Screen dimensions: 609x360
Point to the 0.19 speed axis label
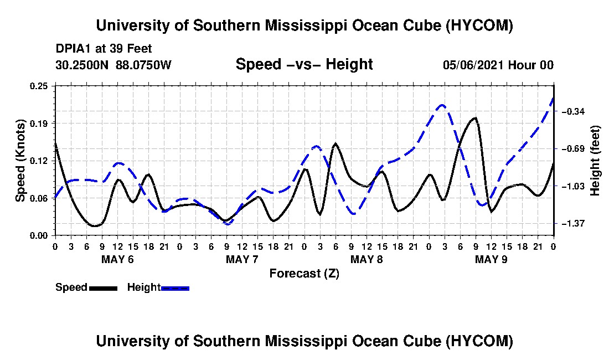click(39, 124)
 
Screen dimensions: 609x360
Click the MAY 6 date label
click(117, 259)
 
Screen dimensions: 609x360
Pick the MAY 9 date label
click(491, 259)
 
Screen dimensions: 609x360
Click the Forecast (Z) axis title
click(304, 274)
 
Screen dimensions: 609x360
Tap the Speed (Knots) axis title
click(20, 161)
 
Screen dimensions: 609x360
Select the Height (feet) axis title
click(595, 161)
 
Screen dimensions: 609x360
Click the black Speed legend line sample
click(103, 288)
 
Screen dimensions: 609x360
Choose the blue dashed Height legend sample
click(175, 288)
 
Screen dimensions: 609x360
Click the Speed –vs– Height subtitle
click(304, 64)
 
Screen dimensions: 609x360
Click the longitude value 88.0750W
click(143, 65)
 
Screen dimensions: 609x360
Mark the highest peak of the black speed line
click(474, 117)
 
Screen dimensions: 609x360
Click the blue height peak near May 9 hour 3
click(442, 105)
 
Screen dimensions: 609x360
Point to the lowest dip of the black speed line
click(94, 225)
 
